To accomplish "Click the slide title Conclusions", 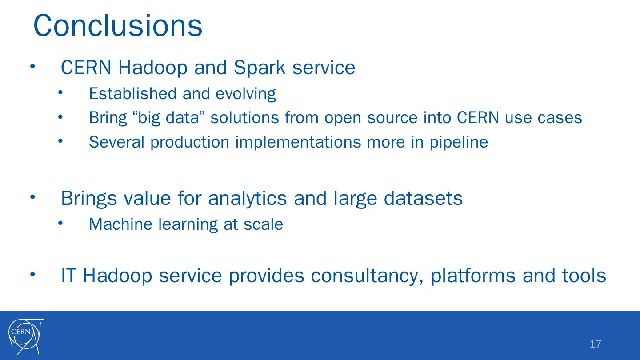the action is tap(118, 26).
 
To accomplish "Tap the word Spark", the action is tap(260, 68).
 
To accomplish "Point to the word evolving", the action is tap(246, 94).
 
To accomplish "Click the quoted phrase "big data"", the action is tap(168, 118).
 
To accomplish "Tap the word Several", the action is tap(116, 142).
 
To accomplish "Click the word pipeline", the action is tap(459, 143).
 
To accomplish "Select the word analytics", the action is tap(247, 199).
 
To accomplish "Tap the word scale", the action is tap(263, 224).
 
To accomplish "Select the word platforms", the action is tap(473, 276).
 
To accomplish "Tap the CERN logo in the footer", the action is tap(26, 336).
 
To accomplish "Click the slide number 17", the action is tap(596, 344).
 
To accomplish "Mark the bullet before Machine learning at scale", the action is tap(60, 223).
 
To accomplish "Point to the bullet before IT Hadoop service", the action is tap(32, 274).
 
